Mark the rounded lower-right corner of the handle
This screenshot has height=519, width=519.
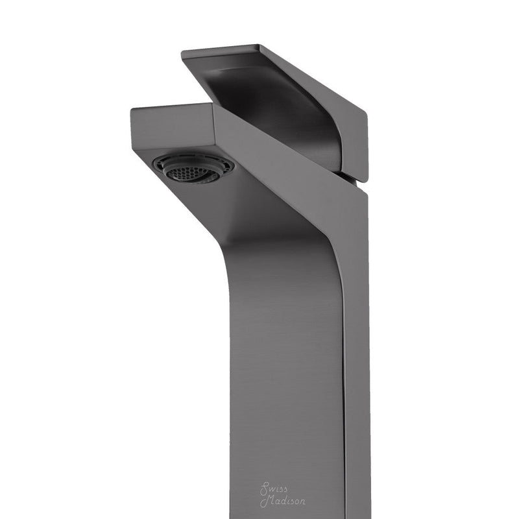pyautogui.click(x=363, y=176)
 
